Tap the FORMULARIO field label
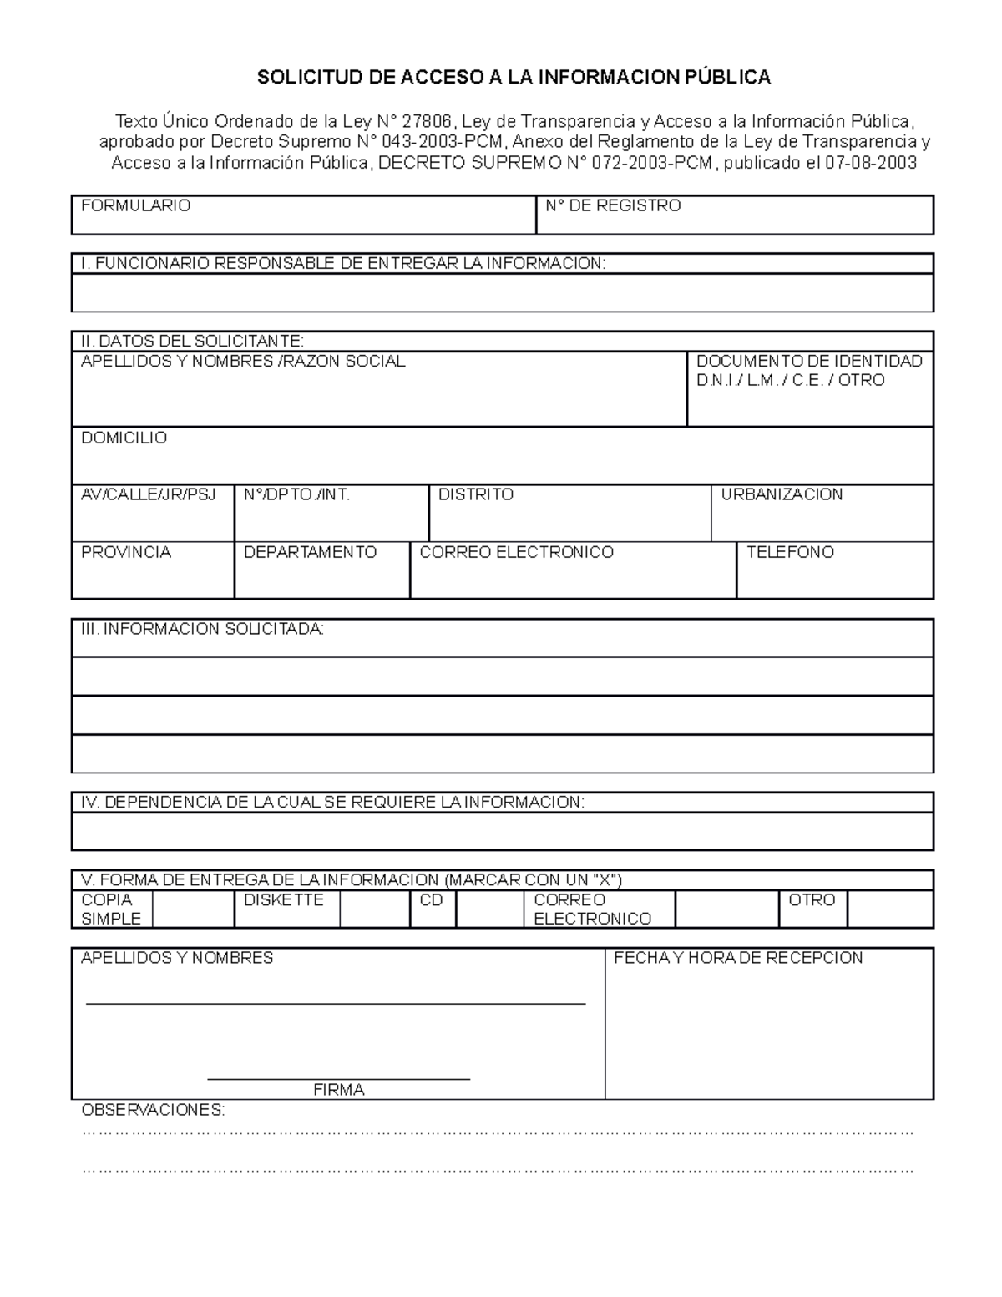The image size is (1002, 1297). click(135, 205)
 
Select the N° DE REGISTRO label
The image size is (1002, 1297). click(613, 205)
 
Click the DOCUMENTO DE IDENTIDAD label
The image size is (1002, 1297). click(808, 362)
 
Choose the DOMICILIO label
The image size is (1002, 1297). click(124, 438)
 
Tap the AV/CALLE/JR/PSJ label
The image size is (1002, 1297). click(148, 494)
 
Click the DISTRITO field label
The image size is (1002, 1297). click(475, 494)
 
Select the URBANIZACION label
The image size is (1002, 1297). click(782, 494)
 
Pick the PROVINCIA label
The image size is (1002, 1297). click(125, 552)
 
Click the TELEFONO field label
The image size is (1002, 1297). click(790, 552)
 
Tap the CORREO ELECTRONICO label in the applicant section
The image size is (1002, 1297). click(516, 552)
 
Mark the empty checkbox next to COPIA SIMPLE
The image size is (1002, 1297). click(193, 909)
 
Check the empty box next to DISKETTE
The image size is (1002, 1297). click(374, 909)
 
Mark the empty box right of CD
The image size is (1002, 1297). click(489, 909)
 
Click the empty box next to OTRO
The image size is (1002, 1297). click(889, 909)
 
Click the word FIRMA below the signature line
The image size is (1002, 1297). click(338, 1090)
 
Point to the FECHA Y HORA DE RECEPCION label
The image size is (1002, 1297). click(738, 958)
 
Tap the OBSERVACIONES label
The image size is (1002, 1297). click(152, 1110)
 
